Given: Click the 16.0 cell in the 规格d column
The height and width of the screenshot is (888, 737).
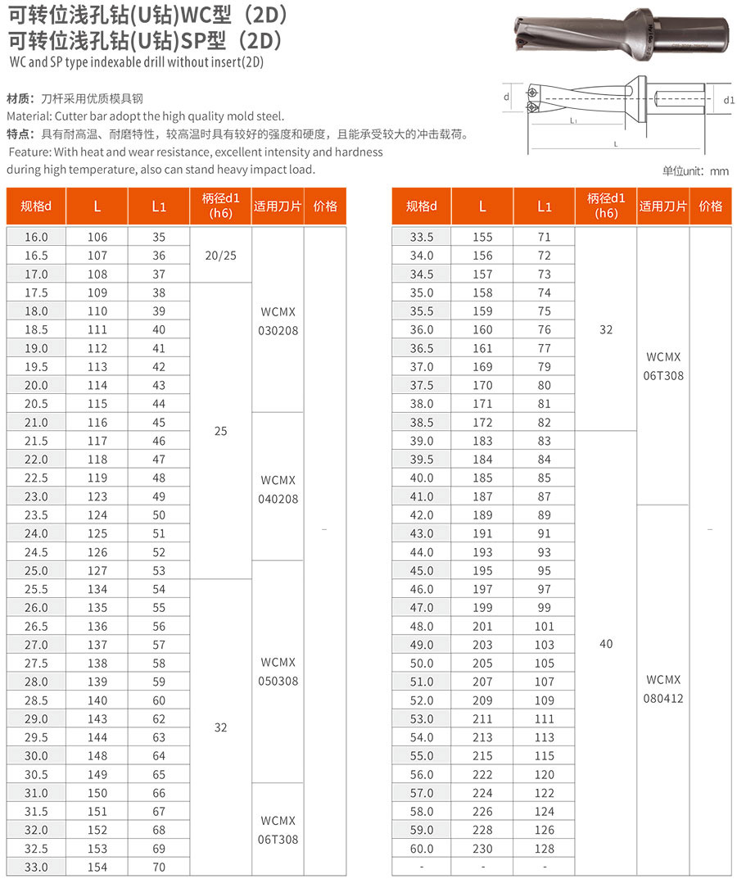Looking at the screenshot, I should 36,237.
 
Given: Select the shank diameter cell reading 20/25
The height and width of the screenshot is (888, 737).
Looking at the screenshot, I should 220,255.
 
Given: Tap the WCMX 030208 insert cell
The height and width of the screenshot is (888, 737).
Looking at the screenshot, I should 277,320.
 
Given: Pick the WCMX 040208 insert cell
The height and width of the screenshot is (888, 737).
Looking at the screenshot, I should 277,489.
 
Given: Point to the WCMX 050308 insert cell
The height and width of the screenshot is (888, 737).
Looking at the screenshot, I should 277,672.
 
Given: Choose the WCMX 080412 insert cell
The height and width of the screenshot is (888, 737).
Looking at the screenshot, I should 663,689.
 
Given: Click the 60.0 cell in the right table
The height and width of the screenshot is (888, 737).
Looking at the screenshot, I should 421,849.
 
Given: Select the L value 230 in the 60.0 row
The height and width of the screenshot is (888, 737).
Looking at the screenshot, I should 482,849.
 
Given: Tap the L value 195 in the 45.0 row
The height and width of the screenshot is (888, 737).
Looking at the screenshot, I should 482,571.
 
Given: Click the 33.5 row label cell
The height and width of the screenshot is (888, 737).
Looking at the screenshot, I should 421,237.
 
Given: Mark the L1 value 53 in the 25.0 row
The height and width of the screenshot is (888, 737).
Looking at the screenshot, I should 159,571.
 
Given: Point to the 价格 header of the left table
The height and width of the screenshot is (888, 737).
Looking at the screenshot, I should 325,206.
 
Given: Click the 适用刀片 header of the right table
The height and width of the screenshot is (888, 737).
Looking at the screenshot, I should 663,206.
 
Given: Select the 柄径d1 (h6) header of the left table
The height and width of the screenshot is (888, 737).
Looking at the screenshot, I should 220,206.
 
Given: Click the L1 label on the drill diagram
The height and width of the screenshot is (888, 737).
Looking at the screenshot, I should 573,120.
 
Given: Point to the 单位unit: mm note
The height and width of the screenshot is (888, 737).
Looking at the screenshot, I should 695,171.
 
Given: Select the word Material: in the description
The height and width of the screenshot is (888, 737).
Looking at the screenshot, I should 29,116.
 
